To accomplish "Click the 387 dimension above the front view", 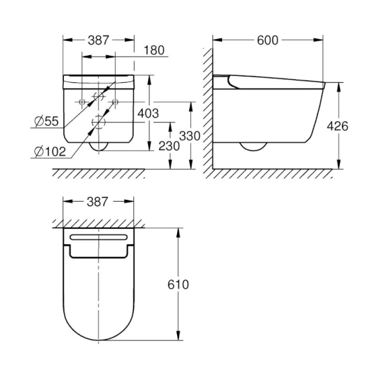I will [98, 39].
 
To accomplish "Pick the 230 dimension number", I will [168, 145].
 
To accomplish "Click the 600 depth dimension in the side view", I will [269, 39].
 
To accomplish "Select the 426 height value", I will [338, 126].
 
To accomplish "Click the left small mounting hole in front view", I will [82, 101].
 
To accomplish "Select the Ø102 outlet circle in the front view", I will [99, 121].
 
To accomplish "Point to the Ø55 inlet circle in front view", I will [99, 96].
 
